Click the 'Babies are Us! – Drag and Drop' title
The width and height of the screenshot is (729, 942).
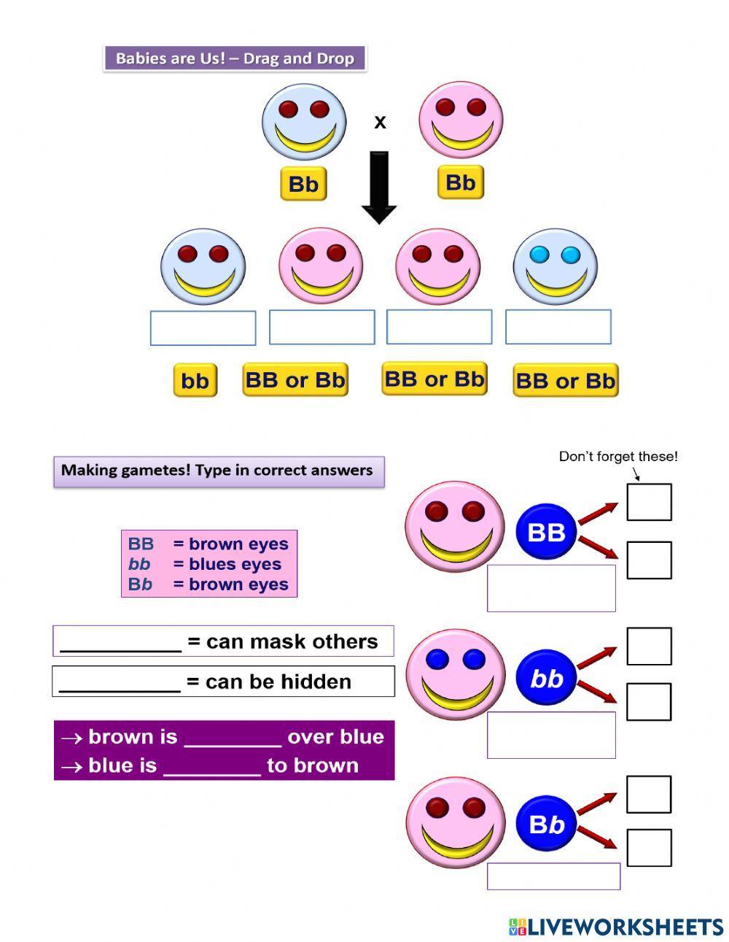tap(235, 58)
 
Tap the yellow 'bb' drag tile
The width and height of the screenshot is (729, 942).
tap(195, 381)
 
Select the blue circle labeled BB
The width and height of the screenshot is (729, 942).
tap(547, 532)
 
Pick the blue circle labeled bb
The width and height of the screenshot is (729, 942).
tap(547, 679)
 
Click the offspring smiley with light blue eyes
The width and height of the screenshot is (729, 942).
tap(555, 266)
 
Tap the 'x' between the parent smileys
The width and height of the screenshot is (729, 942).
tap(380, 122)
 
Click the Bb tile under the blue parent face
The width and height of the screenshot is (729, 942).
tap(303, 184)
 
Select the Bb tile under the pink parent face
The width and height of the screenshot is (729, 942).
tap(461, 182)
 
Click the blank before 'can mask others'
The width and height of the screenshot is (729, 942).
tap(120, 643)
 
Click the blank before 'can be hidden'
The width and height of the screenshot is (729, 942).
tap(120, 683)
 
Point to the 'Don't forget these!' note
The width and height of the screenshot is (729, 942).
tap(618, 457)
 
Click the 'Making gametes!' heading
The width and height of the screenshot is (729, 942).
tap(217, 471)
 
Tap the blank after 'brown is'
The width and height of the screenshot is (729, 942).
tap(233, 738)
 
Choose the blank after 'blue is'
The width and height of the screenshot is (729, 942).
tap(212, 767)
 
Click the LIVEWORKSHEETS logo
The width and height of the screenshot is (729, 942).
tap(616, 927)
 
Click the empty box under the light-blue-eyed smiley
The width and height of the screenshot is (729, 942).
tap(558, 327)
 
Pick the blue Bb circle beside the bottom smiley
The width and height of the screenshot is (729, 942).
tap(547, 825)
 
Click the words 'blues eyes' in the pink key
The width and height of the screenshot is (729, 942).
tap(235, 564)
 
